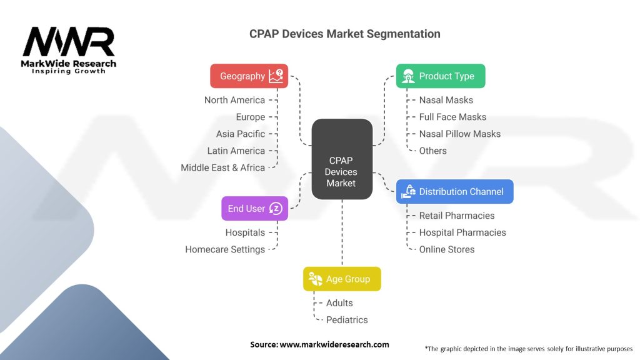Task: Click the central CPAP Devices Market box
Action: [342, 159]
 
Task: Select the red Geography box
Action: [249, 76]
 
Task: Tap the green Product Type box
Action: [441, 76]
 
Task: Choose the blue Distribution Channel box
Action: [454, 192]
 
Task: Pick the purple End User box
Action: [254, 209]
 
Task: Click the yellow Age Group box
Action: [342, 279]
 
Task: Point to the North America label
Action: [234, 100]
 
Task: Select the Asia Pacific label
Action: [241, 134]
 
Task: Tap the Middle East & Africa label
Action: [222, 167]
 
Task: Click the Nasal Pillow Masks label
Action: [459, 134]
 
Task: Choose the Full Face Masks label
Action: [452, 117]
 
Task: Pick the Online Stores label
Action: [446, 249]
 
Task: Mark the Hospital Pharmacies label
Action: [462, 232]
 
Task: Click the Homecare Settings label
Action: [225, 249]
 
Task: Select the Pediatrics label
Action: [347, 320]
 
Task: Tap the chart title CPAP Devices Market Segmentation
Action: [344, 34]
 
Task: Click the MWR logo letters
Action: [69, 42]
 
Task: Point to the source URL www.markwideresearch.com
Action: [334, 344]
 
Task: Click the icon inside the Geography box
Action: [276, 76]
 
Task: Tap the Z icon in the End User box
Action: [276, 209]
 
